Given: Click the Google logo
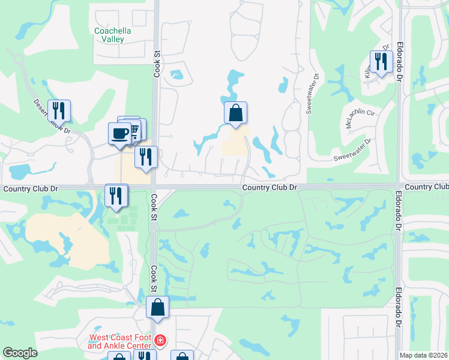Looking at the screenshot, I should pyautogui.click(x=20, y=353).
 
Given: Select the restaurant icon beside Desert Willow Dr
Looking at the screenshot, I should pyautogui.click(x=59, y=110).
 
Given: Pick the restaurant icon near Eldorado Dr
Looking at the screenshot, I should pyautogui.click(x=381, y=61).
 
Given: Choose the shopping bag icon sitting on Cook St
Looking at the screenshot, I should pyautogui.click(x=157, y=307).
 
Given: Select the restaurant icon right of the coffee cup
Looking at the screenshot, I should pyautogui.click(x=146, y=157).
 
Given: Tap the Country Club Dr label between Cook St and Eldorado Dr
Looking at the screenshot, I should pyautogui.click(x=270, y=188).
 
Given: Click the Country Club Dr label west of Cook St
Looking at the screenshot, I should pyautogui.click(x=30, y=188).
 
